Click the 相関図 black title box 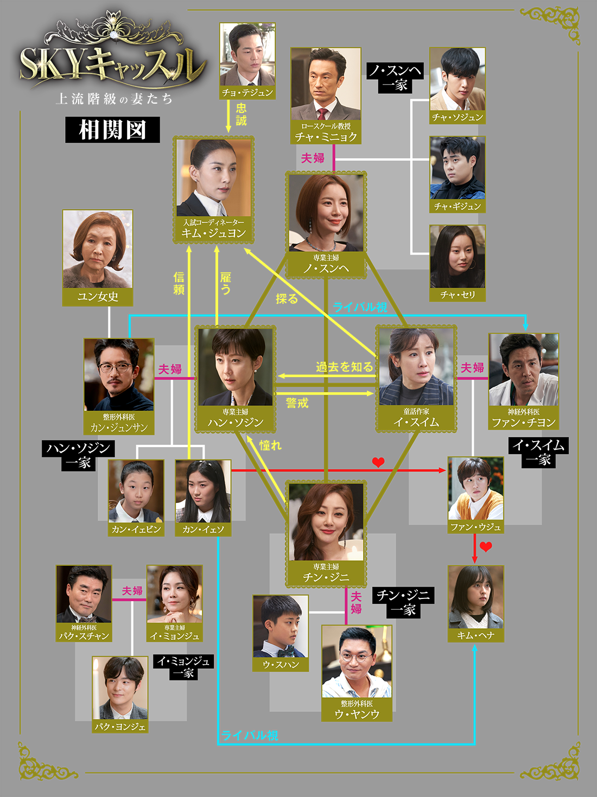pos(112,130)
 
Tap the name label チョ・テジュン pos(247,93)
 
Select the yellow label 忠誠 pos(242,114)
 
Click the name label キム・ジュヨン pos(213,233)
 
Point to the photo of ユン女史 pos(98,249)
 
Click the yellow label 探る pos(287,298)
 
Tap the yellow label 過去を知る pos(344,367)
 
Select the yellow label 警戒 pos(297,403)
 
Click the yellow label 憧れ pos(270,445)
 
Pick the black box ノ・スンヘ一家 pos(395,78)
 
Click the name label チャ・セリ pos(458,295)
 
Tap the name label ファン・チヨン pos(524,422)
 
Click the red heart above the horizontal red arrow pos(378,462)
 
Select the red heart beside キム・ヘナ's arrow pos(486,546)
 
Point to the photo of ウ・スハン pos(281,626)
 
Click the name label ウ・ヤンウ pos(357,714)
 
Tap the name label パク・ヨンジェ pos(120,726)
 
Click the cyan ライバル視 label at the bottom pos(250,735)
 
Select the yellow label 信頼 pos(179,283)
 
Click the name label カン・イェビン pos(136,530)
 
